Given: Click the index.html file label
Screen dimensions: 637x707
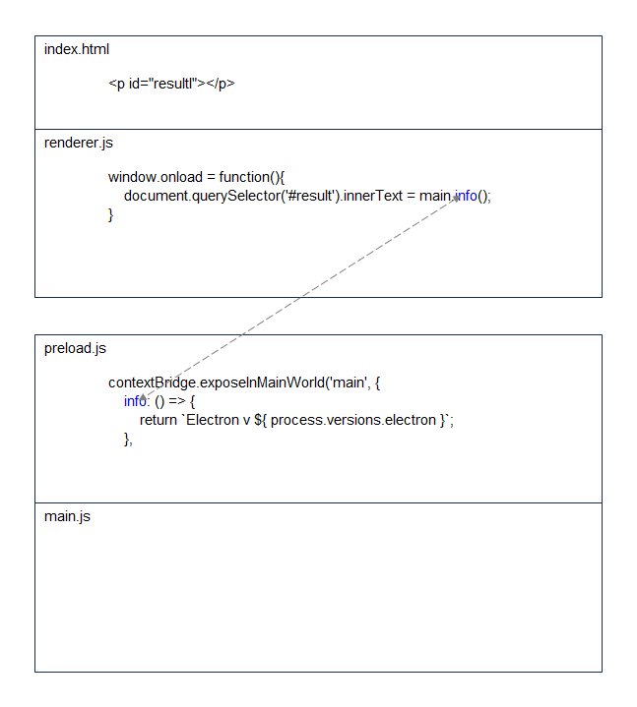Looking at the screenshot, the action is [76, 49].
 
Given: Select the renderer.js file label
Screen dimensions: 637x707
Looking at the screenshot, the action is [78, 143].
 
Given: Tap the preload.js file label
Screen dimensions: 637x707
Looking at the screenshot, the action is [75, 348].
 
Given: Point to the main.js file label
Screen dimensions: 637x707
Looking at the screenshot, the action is [67, 516].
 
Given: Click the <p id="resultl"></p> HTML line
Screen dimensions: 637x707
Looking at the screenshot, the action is [171, 84].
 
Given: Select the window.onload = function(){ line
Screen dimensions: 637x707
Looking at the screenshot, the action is [196, 177].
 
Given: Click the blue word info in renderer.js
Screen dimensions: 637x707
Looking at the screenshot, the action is [466, 196].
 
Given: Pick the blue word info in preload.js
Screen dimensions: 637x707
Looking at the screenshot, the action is [135, 401].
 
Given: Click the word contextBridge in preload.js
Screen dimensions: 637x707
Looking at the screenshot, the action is [153, 383].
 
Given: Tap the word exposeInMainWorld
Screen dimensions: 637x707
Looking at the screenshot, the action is [262, 383].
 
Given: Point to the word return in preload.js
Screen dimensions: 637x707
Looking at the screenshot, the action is [158, 420].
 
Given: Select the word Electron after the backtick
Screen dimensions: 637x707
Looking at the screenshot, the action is [213, 420].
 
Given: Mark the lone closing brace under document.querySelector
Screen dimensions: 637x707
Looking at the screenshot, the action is [110, 215].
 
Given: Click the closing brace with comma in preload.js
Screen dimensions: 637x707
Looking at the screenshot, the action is [128, 440].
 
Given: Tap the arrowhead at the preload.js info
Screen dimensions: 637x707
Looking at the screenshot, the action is [143, 397].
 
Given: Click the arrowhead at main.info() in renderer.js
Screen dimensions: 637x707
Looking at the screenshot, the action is [457, 198].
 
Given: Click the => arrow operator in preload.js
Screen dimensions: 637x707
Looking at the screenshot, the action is [177, 401].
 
